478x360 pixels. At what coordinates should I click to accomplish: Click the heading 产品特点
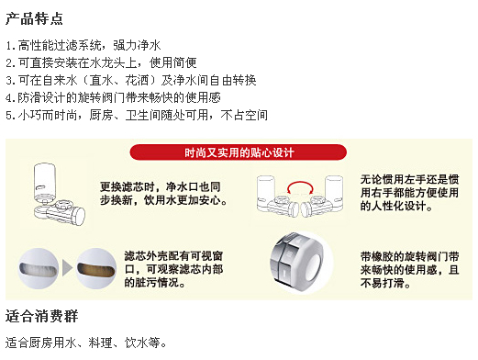click(34, 19)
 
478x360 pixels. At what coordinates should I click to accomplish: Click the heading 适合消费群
click(41, 316)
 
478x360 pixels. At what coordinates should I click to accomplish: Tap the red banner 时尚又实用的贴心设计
click(239, 152)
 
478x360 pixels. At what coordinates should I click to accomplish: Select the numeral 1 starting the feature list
click(9, 46)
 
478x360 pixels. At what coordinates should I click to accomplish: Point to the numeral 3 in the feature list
click(9, 81)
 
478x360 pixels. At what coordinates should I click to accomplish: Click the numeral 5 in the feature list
click(9, 116)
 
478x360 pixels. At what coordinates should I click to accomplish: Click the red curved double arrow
click(300, 183)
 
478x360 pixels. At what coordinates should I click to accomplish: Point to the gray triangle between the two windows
click(67, 268)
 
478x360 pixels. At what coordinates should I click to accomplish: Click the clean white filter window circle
click(39, 268)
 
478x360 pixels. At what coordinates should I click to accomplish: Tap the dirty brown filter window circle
click(96, 268)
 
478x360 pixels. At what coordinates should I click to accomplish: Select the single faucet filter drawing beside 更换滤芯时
click(58, 195)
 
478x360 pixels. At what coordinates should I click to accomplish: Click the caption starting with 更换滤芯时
click(163, 194)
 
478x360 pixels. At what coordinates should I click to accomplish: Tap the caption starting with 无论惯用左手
click(409, 193)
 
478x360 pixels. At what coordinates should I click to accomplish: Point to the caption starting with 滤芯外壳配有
click(173, 269)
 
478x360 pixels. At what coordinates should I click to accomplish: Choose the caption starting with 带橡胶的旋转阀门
click(409, 270)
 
